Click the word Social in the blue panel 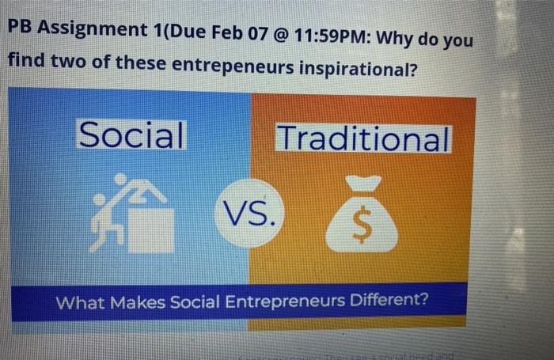pos(130,135)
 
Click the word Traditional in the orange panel pos(363,139)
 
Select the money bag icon pos(361,217)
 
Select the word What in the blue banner pos(81,301)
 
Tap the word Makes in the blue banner pos(135,301)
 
